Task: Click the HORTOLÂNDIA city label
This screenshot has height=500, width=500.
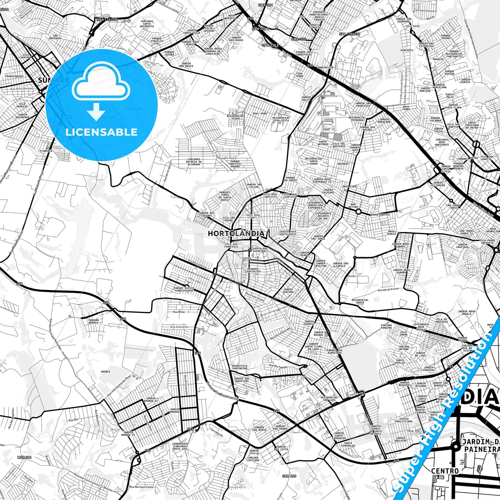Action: tap(236, 234)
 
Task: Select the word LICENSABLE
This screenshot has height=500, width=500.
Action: tap(101, 132)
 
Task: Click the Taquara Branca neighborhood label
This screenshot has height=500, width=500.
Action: tap(93, 321)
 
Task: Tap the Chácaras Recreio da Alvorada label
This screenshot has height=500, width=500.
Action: tap(194, 162)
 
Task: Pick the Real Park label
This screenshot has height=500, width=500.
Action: tap(260, 113)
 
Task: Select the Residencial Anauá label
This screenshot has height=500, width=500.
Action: tap(360, 301)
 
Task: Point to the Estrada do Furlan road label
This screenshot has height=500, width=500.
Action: tap(388, 289)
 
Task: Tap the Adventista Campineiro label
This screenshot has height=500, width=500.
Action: tap(239, 367)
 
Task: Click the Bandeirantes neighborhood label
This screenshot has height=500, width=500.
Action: tap(380, 215)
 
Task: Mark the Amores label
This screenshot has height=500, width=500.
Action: tap(105, 372)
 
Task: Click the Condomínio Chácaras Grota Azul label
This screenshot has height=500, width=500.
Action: tap(180, 447)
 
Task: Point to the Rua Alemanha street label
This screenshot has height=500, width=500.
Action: tap(179, 327)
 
